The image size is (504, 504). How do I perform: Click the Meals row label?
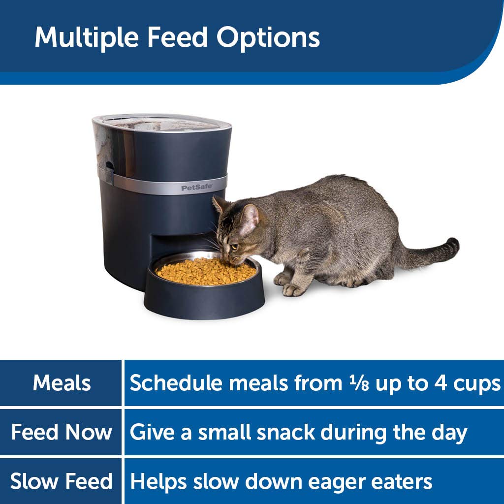[62, 383]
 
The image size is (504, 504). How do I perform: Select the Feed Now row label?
[62, 432]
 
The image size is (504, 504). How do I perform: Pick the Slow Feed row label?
[62, 481]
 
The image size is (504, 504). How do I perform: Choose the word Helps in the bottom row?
[158, 481]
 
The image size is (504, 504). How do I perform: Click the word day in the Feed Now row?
[448, 432]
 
